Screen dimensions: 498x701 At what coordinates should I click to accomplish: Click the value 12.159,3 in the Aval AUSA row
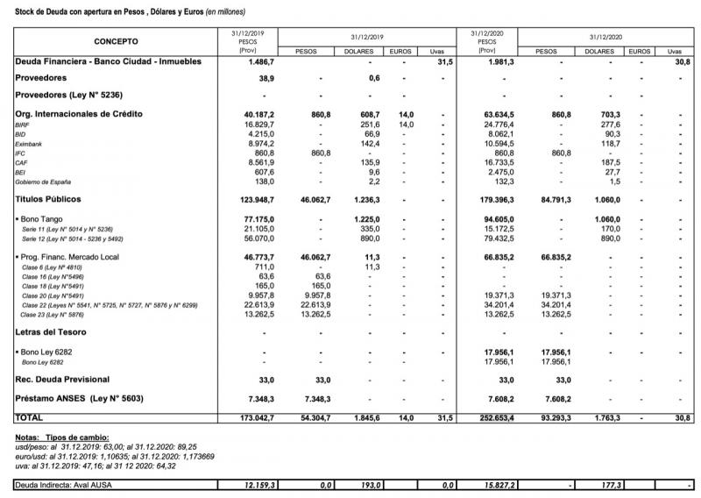(x=256, y=484)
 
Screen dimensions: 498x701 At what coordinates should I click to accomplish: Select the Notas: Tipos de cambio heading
(x=63, y=437)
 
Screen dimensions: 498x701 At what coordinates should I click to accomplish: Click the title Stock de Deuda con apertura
(x=123, y=11)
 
